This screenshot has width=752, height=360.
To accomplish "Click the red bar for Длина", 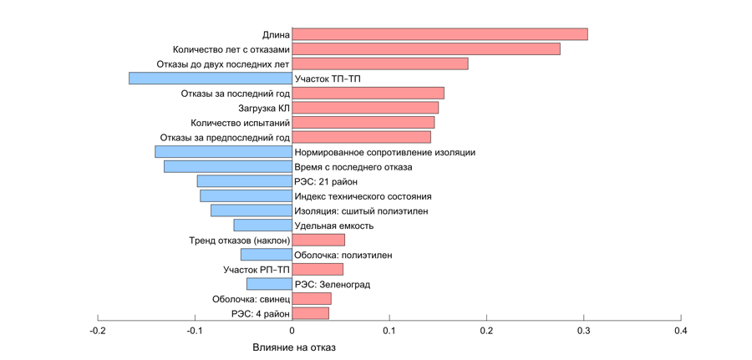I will [440, 34].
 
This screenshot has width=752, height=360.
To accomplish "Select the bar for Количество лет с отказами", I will [426, 49].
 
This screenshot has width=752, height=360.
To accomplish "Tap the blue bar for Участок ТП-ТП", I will [211, 79].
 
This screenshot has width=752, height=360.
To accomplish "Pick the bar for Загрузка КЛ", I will [365, 108].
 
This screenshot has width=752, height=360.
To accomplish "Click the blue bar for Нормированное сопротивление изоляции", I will [223, 152].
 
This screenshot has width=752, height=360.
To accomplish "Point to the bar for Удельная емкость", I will [262, 226].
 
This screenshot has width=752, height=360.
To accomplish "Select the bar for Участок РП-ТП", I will [318, 270].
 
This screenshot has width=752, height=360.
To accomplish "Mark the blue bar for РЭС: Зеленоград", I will [269, 284].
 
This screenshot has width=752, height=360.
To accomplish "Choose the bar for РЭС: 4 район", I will [310, 313].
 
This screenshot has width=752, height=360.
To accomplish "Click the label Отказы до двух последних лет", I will [223, 64].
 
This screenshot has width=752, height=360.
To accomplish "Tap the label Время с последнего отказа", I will [353, 167].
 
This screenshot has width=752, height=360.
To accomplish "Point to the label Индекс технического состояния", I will [363, 196].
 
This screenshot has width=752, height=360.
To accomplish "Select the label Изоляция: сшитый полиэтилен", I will [361, 211].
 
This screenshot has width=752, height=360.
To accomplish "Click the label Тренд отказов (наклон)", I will [240, 241].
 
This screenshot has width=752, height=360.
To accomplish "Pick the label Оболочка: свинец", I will [251, 299].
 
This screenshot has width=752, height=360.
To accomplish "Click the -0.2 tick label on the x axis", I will [97, 331].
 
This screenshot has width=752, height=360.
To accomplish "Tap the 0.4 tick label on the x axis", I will [680, 331].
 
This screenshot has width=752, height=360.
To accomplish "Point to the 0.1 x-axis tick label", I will [389, 331].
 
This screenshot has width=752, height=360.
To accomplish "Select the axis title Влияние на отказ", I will [293, 347].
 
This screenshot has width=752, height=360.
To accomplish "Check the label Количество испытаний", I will [240, 123].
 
